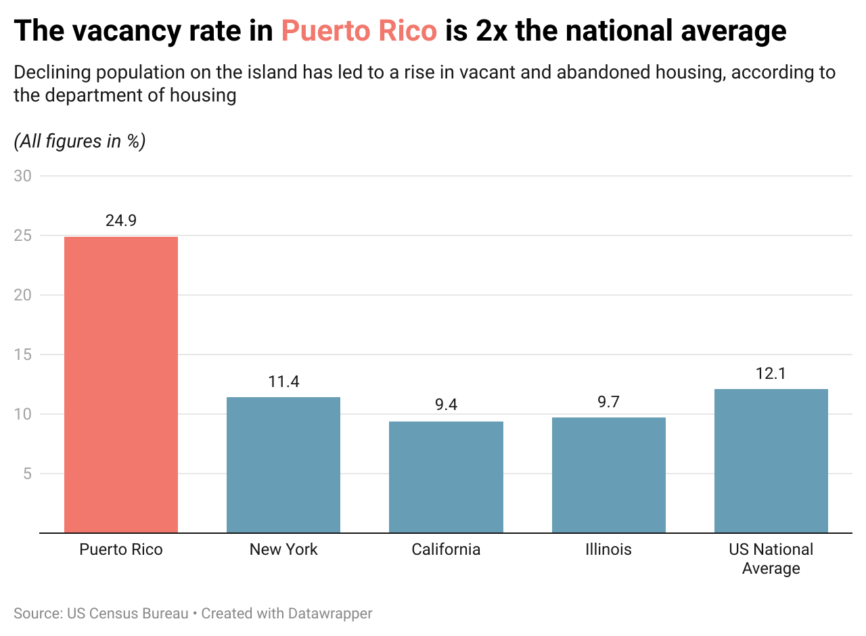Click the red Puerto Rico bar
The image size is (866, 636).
coord(121,384)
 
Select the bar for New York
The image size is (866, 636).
coord(283,465)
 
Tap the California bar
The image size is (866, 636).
coord(446,477)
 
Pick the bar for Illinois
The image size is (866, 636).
coord(608,475)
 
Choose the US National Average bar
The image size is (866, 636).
coord(771,461)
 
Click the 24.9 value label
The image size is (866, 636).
coord(121,221)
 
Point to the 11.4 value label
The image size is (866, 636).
coord(283,382)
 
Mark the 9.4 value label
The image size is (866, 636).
coord(446,405)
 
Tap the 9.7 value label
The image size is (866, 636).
coord(608,402)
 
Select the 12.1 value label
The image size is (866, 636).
coord(771,373)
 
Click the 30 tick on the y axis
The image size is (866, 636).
coord(22,176)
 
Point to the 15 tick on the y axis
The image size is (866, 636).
coord(22,355)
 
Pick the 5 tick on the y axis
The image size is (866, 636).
coord(26,474)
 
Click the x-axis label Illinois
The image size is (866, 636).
coord(608,549)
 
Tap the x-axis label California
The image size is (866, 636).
coord(446,549)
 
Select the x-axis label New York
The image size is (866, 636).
coord(283,549)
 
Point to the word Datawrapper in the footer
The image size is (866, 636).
coord(330,614)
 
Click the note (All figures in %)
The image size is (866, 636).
coord(80,141)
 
